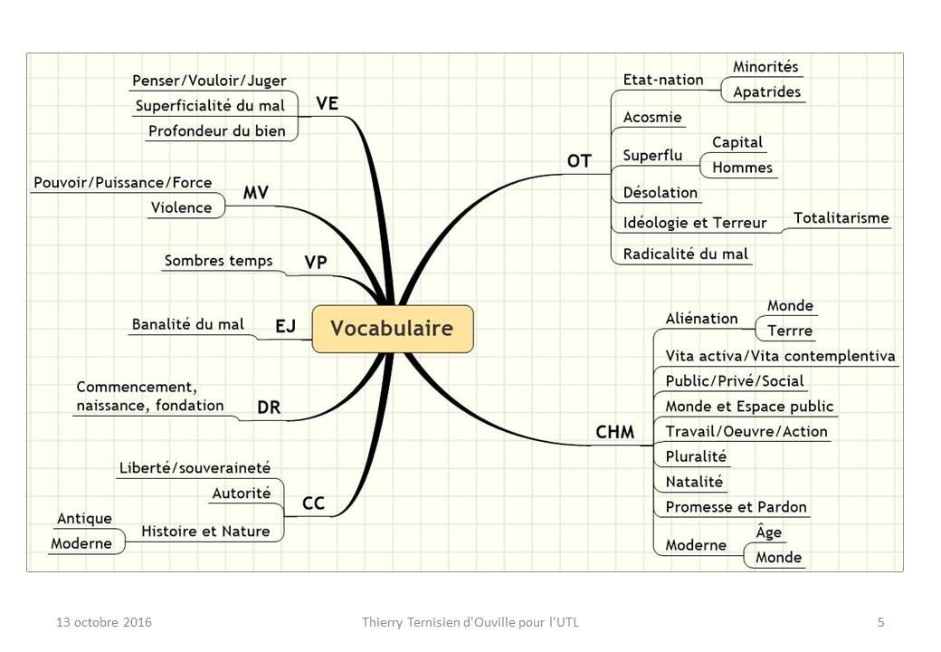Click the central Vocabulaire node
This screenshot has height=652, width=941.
(x=393, y=329)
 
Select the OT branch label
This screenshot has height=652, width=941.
(x=579, y=161)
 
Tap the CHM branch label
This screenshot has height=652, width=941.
(x=614, y=432)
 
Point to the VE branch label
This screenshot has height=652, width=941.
(x=327, y=103)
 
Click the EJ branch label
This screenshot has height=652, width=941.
(x=286, y=326)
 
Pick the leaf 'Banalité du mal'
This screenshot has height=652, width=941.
(x=188, y=324)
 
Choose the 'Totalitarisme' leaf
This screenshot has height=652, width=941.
(x=841, y=217)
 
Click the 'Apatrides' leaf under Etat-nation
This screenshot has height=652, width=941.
(x=767, y=91)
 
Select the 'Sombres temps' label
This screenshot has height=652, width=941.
(x=218, y=261)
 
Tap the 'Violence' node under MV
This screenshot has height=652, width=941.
(x=181, y=207)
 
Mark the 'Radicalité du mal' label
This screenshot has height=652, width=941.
(x=685, y=254)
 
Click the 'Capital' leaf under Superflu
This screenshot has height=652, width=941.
(x=737, y=142)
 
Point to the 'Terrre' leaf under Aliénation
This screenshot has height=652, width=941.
(x=790, y=331)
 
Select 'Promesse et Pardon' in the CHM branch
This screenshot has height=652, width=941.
(x=736, y=507)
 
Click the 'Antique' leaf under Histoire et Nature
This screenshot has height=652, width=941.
(x=85, y=518)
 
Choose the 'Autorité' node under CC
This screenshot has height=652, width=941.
(x=242, y=493)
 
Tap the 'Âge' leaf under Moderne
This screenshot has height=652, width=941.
(x=769, y=532)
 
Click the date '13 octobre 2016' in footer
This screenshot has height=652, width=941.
(x=104, y=622)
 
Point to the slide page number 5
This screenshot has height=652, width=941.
(x=881, y=622)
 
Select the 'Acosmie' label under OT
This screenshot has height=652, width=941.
(x=652, y=117)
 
